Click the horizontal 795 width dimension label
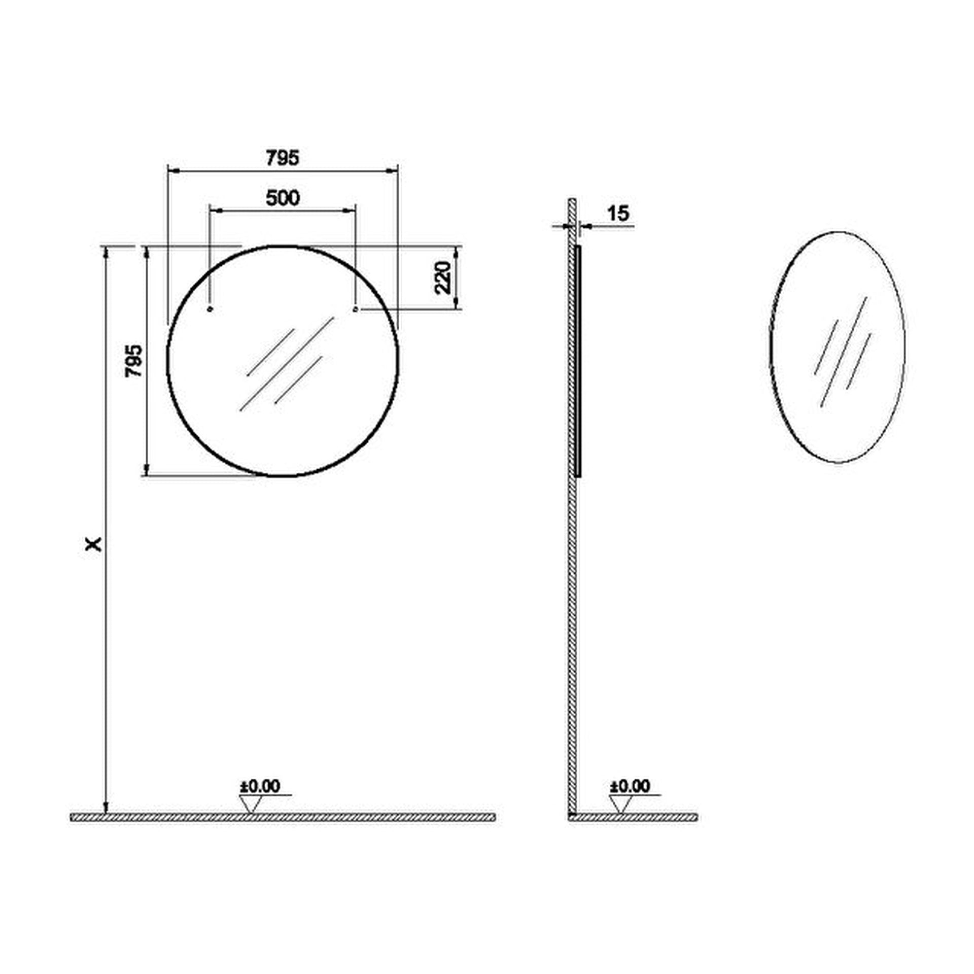[283, 158]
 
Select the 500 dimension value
[283, 198]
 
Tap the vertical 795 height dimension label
[134, 361]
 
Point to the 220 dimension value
[443, 277]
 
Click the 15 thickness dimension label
[618, 214]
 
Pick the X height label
[94, 544]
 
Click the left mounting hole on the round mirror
[211, 308]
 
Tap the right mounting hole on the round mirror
[355, 308]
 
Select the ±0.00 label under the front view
[260, 786]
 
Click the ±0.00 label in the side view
[630, 786]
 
